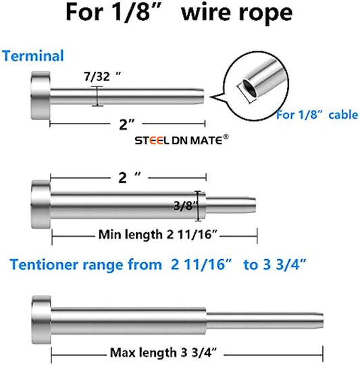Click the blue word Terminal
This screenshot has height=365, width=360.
[x=33, y=56]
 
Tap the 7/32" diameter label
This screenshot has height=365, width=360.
[x=103, y=76]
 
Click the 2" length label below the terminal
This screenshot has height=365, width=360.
[x=127, y=125]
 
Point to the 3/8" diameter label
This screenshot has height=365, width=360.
[x=186, y=206]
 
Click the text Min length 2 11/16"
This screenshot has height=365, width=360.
[x=158, y=234]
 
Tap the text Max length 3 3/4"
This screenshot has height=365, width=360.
[x=163, y=352]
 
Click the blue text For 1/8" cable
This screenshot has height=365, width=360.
[x=317, y=115]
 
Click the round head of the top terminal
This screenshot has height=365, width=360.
[x=40, y=96]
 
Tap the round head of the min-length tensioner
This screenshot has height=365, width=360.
[x=41, y=204]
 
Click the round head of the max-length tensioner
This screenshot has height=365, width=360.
[x=41, y=320]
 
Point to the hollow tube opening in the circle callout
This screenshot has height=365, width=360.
[x=249, y=88]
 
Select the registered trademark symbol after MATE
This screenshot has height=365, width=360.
[x=226, y=137]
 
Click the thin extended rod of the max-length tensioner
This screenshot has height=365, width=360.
[x=265, y=320]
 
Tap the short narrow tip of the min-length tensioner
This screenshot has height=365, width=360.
[x=231, y=205]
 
